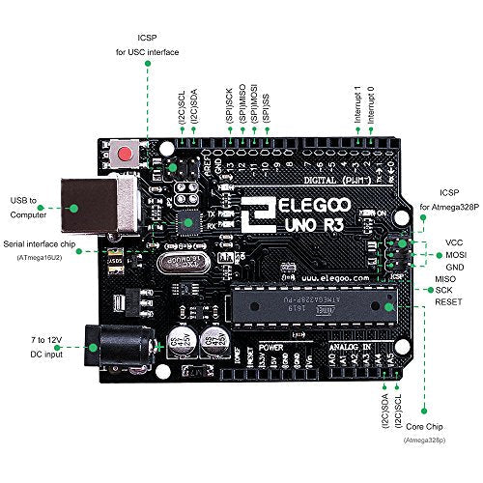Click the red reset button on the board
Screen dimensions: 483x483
pos(124,153)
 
